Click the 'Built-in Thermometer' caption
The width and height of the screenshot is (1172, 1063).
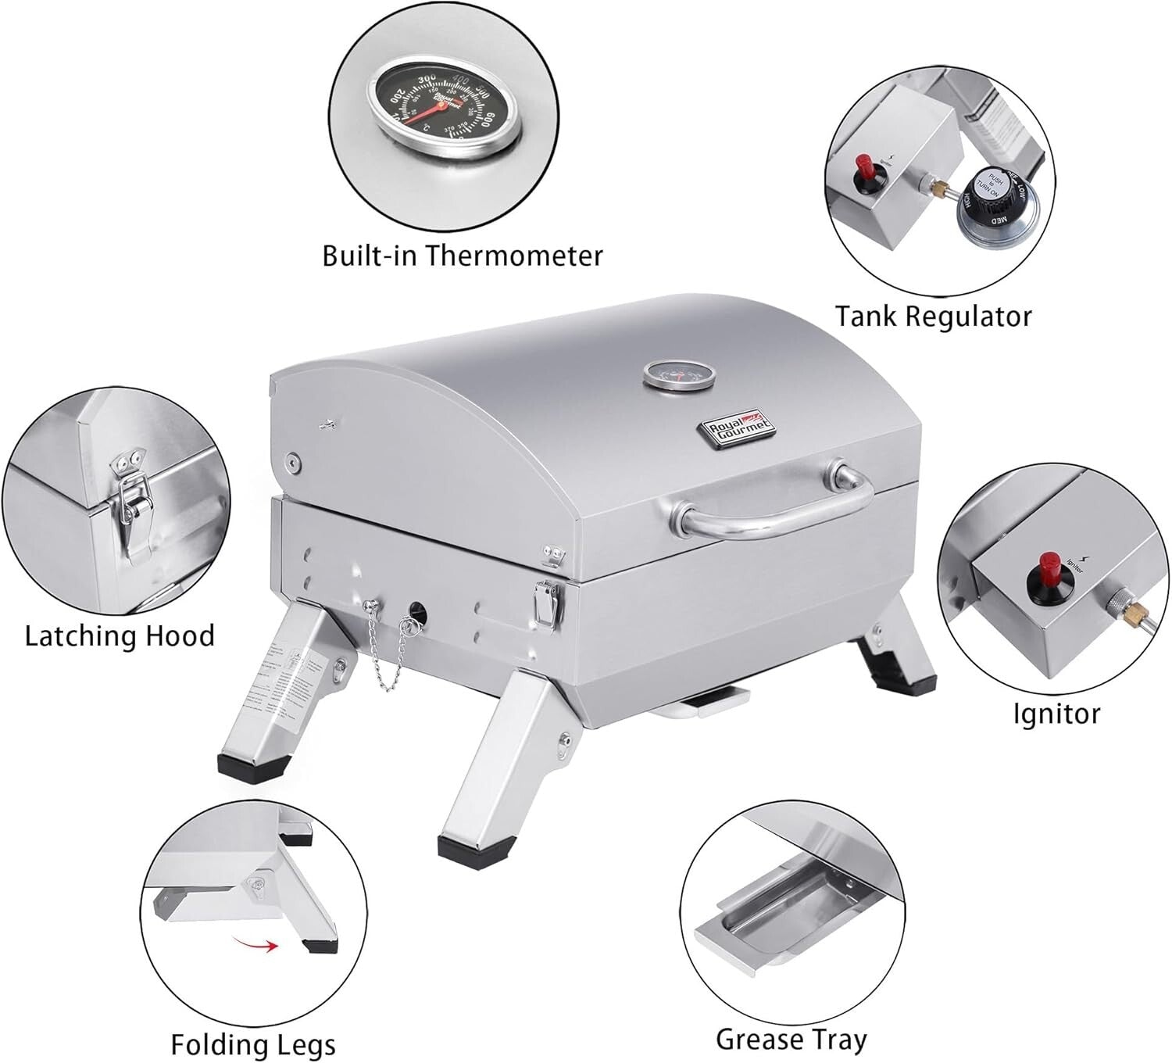(463, 256)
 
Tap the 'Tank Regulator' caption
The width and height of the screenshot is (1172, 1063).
(933, 316)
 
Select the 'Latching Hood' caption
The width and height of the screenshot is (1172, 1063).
(120, 635)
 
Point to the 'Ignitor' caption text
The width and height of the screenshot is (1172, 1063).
(1056, 713)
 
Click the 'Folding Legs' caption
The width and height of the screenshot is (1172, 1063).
(253, 1044)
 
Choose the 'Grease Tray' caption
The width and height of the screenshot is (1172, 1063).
(791, 1039)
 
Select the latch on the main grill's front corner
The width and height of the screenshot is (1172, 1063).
(545, 603)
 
